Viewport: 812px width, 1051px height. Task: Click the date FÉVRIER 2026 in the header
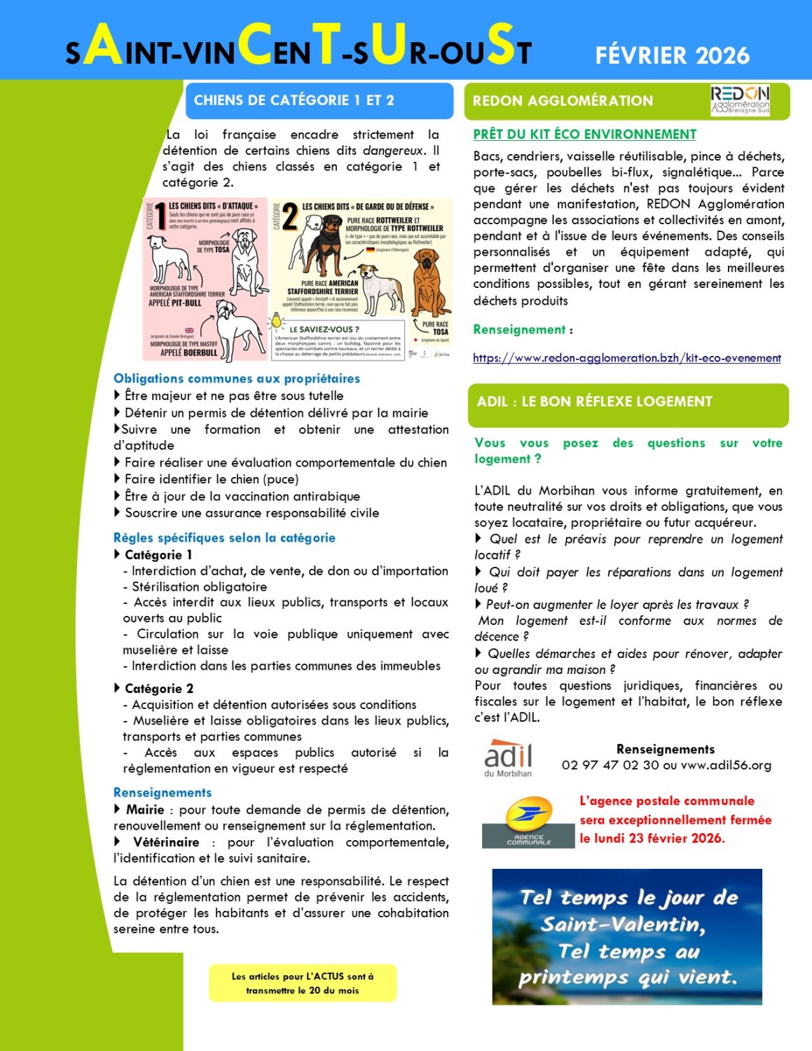pyautogui.click(x=672, y=55)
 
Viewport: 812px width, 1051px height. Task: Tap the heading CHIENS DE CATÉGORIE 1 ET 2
pyautogui.click(x=294, y=100)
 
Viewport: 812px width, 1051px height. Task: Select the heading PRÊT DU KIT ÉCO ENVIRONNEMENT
pyautogui.click(x=584, y=135)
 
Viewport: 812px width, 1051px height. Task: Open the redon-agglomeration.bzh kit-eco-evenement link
pyautogui.click(x=626, y=358)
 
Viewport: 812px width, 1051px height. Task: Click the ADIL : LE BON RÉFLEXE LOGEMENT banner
pyautogui.click(x=594, y=401)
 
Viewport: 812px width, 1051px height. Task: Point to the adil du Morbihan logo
pyautogui.click(x=508, y=758)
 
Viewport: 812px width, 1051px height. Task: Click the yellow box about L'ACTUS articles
pyautogui.click(x=303, y=983)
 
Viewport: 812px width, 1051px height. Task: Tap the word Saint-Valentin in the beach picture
pyautogui.click(x=622, y=925)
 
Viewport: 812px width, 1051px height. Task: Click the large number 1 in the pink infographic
pyautogui.click(x=160, y=215)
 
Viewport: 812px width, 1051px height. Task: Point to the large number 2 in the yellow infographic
pyautogui.click(x=289, y=218)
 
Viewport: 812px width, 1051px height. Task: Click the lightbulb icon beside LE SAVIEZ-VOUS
pyautogui.click(x=277, y=323)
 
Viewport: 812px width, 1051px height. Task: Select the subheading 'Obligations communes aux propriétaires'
pyautogui.click(x=237, y=379)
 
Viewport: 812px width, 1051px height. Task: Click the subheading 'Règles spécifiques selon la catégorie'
pyautogui.click(x=224, y=538)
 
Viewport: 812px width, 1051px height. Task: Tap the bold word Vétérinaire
pyautogui.click(x=166, y=842)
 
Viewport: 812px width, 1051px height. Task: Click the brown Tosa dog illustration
pyautogui.click(x=429, y=284)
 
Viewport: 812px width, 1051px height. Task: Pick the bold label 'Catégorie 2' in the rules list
pyautogui.click(x=159, y=689)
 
